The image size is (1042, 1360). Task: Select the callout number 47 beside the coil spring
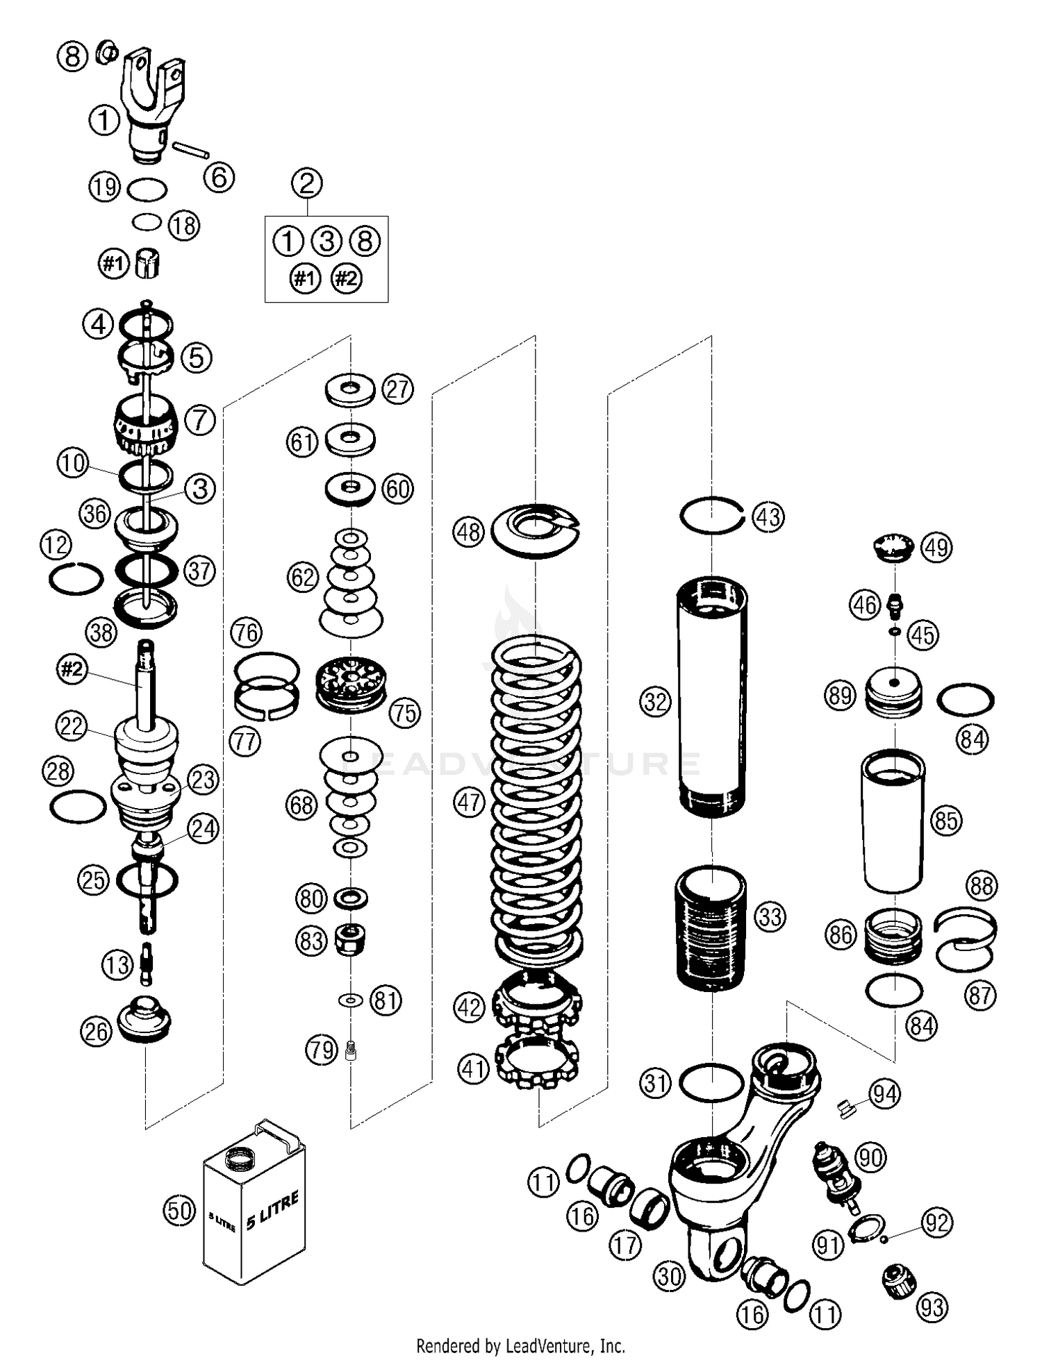(x=469, y=803)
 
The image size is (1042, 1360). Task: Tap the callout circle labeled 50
(x=179, y=1210)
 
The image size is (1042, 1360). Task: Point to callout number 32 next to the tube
(x=656, y=702)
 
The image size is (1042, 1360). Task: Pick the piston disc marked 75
(x=351, y=685)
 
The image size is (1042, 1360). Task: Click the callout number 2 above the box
(x=307, y=183)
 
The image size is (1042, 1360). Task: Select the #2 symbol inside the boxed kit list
(x=347, y=278)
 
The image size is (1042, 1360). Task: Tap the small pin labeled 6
(x=191, y=150)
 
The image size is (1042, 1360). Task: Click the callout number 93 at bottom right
(x=933, y=1307)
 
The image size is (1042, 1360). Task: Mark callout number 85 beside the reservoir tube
(x=946, y=821)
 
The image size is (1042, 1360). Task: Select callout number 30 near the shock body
(x=670, y=1275)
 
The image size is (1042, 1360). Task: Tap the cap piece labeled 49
(x=893, y=546)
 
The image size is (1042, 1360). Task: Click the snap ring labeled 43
(x=711, y=516)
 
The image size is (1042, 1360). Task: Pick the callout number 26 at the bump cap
(x=96, y=1031)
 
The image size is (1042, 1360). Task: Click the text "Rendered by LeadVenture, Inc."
(x=520, y=1345)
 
